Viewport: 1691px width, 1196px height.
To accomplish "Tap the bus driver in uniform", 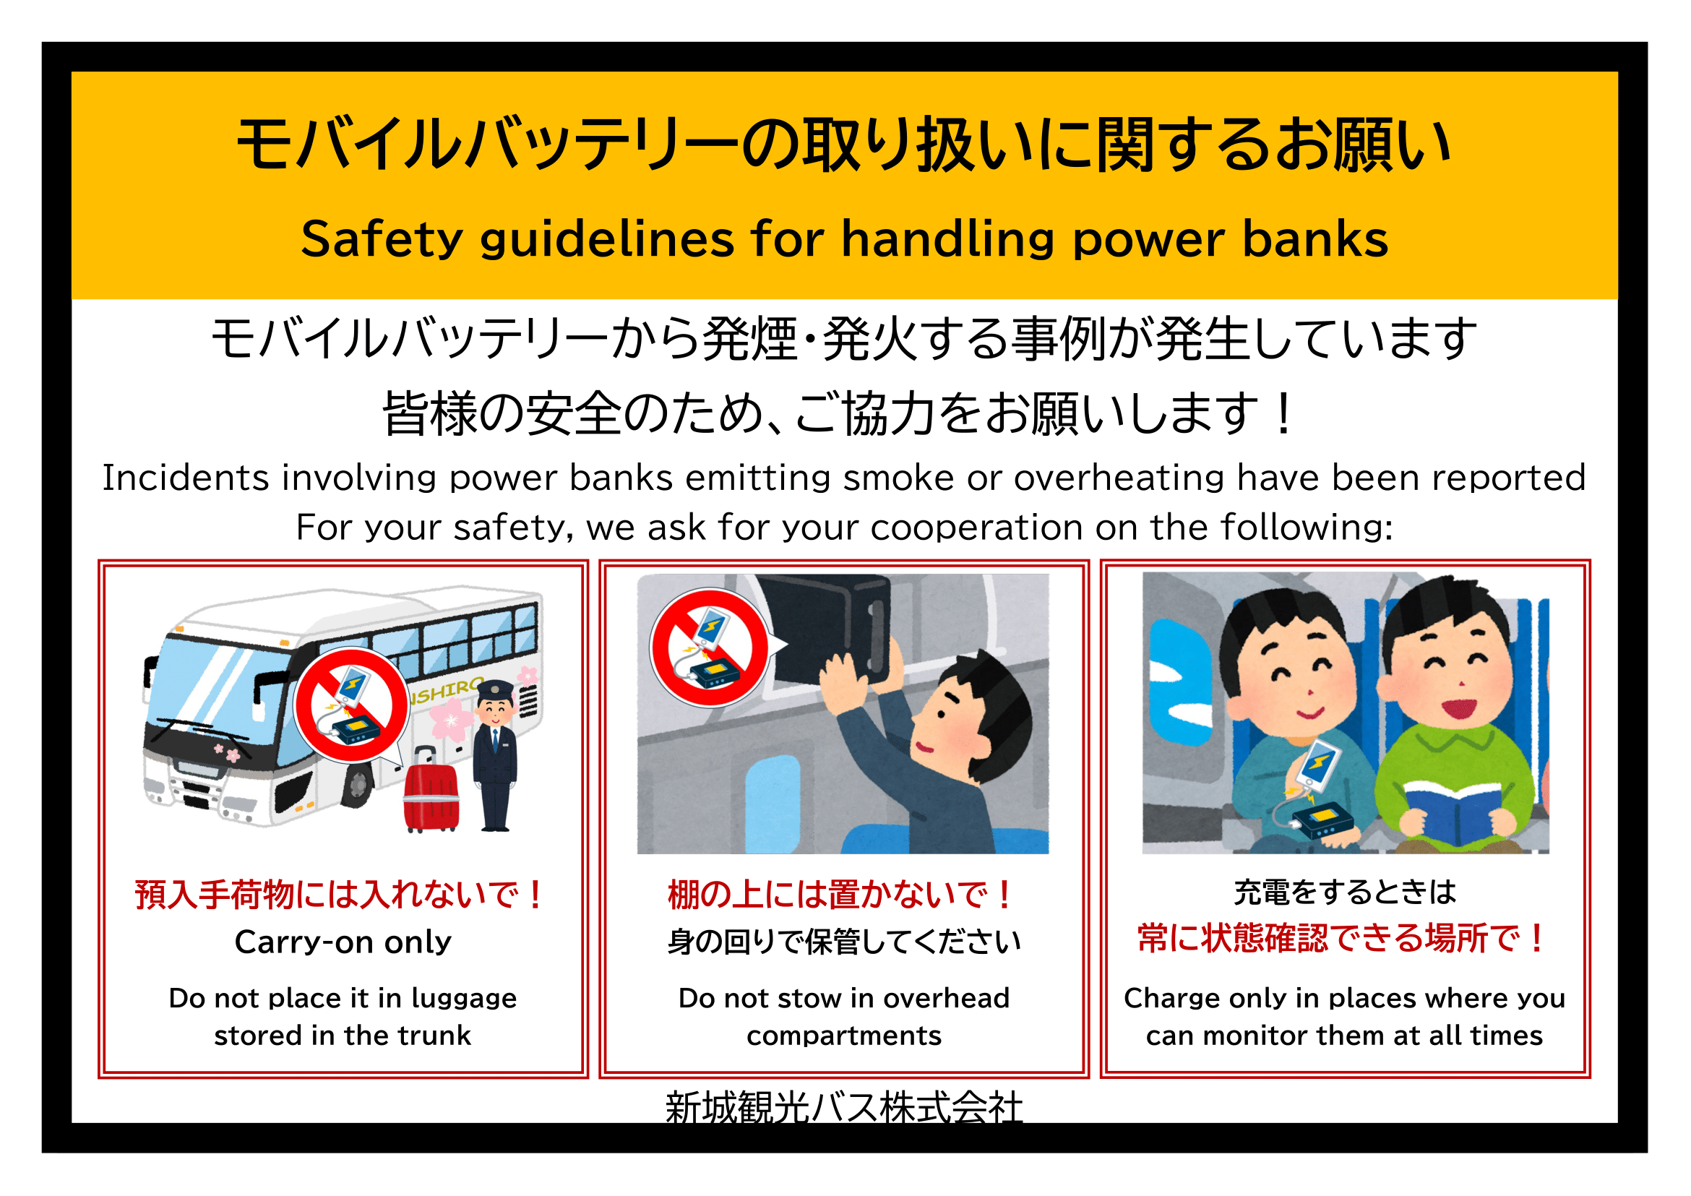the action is pyautogui.click(x=495, y=756).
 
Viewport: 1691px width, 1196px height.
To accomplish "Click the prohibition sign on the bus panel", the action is pyautogui.click(x=351, y=705).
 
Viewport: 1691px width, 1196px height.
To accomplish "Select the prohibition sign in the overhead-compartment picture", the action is pyautogui.click(x=709, y=648).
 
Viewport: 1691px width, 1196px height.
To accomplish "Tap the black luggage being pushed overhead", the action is pyautogui.click(x=822, y=629).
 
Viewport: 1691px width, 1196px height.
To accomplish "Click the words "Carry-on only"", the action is pyautogui.click(x=343, y=942).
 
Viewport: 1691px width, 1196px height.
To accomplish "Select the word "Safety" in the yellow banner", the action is pyautogui.click(x=382, y=239).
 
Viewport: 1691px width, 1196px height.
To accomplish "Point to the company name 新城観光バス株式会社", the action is pyautogui.click(x=844, y=1106).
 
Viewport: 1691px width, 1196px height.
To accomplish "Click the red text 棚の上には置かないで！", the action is pyautogui.click(x=841, y=895).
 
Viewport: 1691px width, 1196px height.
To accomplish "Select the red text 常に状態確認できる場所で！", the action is pyautogui.click(x=1343, y=938).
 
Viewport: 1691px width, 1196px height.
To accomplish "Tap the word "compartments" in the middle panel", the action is pyautogui.click(x=844, y=1037).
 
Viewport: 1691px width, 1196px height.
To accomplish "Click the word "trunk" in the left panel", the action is pyautogui.click(x=434, y=1036).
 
